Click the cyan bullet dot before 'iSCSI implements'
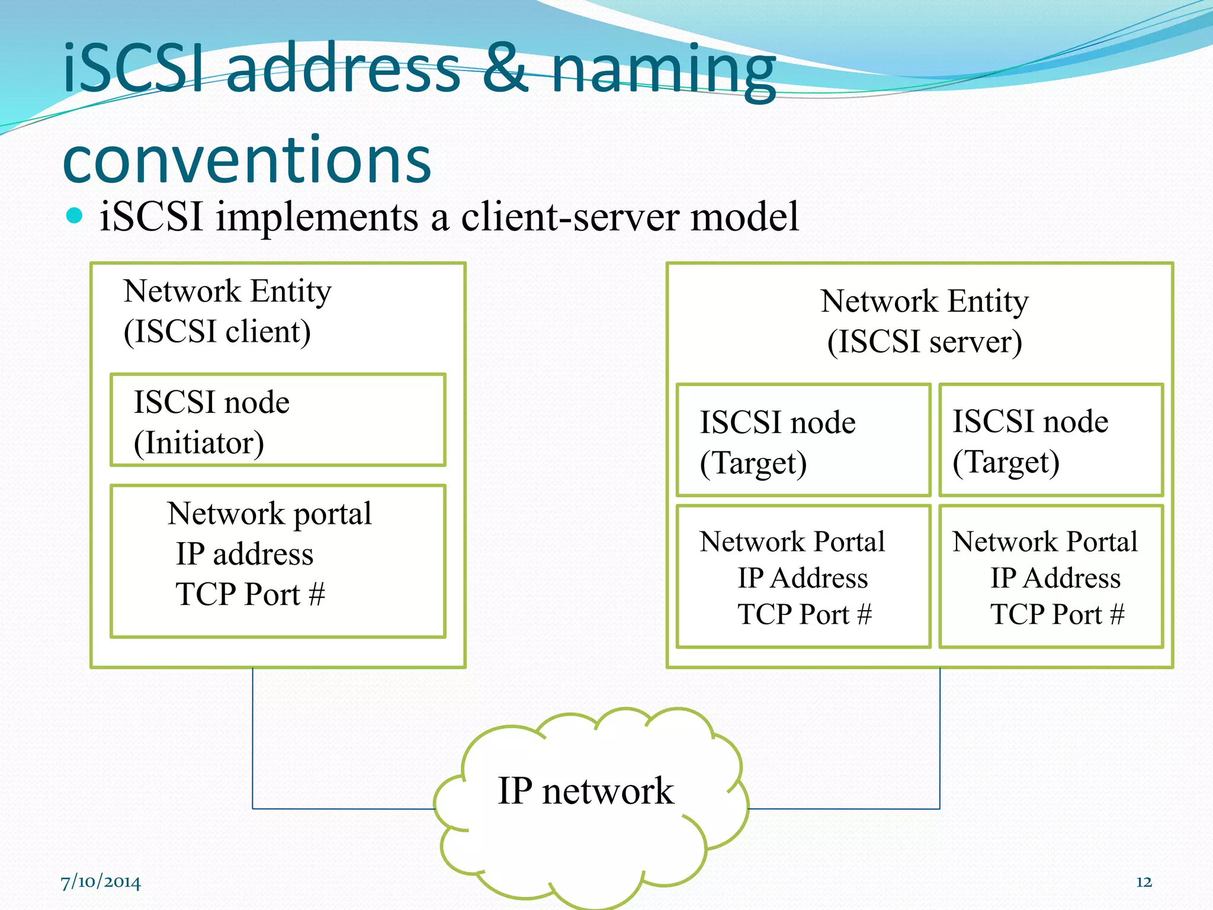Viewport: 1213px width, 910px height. coord(75,216)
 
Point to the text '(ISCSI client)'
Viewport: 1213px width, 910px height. coord(217,332)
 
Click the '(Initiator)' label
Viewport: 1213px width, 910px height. coord(199,443)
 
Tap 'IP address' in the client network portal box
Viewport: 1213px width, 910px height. coord(245,555)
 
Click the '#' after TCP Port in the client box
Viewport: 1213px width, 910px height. coord(317,594)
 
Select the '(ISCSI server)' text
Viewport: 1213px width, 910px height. coord(924,342)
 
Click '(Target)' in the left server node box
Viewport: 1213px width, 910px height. coord(753,463)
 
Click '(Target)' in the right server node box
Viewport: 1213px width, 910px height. coord(1006,463)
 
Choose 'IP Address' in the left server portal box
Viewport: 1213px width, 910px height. coord(803,578)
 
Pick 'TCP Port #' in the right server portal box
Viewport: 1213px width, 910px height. coord(1057,614)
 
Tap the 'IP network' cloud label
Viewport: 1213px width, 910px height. coord(586,791)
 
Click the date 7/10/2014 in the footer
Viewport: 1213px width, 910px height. coord(101,882)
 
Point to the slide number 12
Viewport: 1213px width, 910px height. coord(1144,882)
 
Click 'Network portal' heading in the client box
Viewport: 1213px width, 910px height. coord(269,514)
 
